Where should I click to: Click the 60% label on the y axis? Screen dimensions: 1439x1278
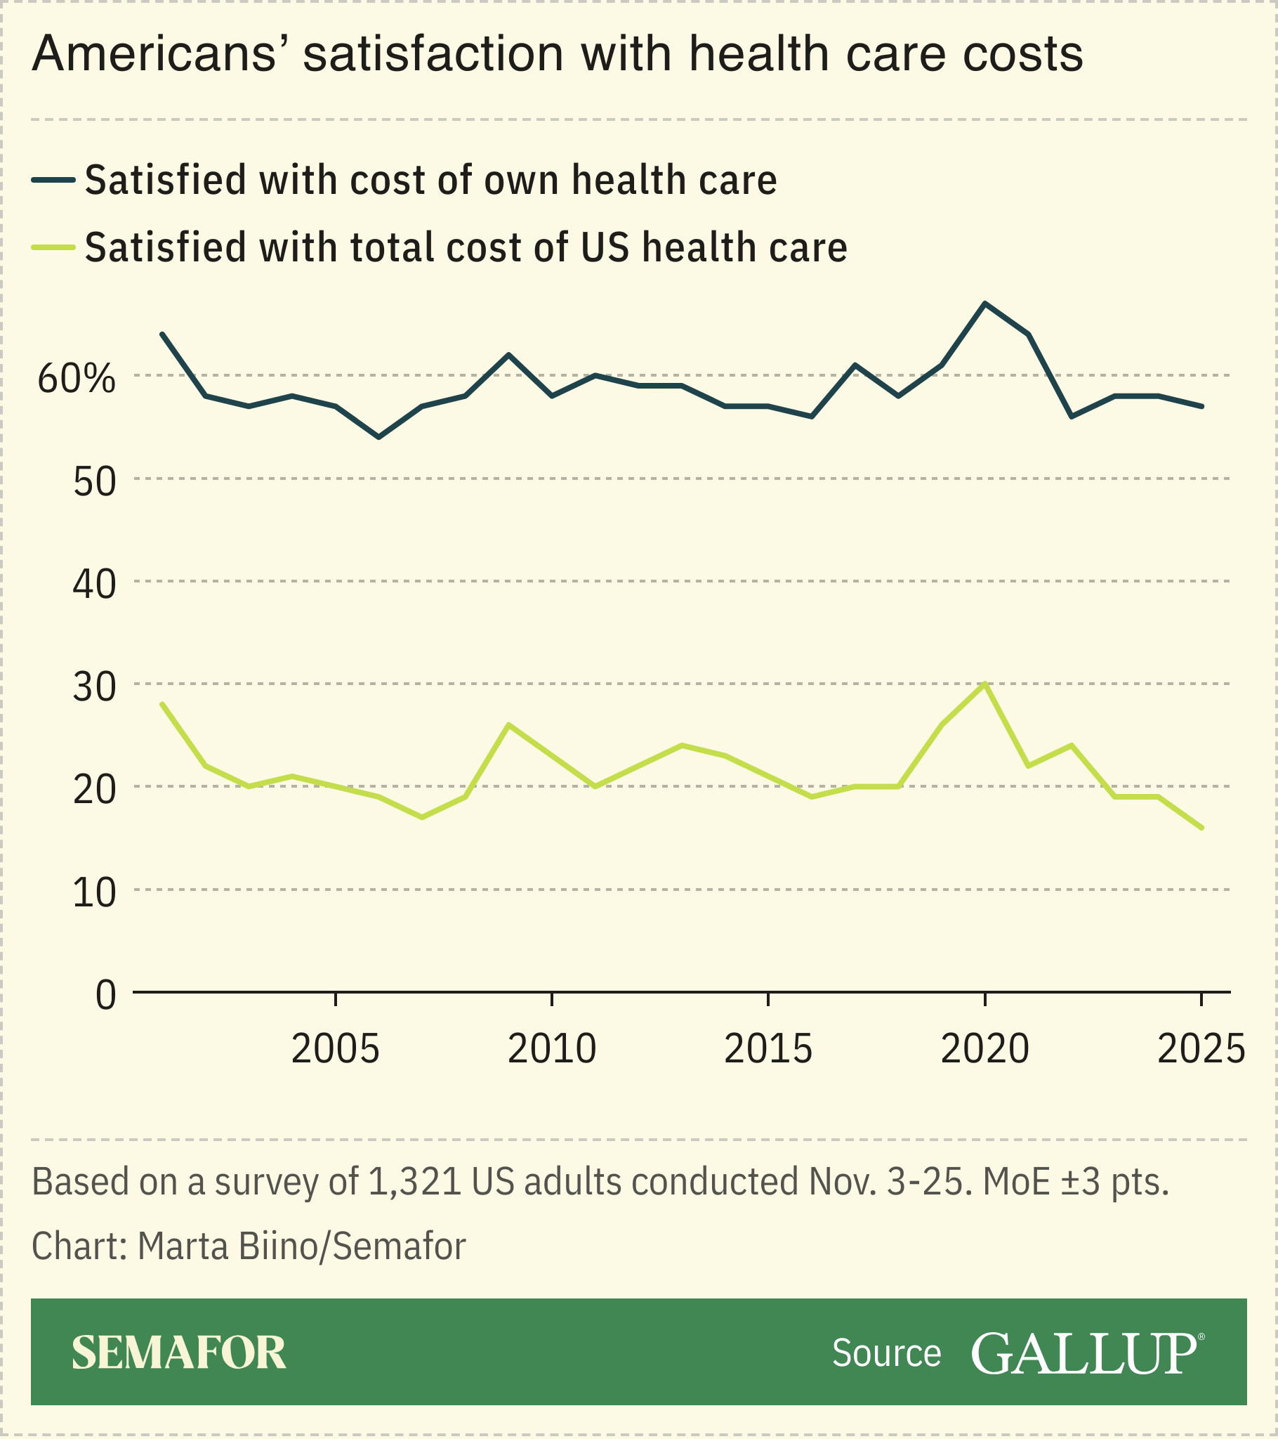(x=76, y=379)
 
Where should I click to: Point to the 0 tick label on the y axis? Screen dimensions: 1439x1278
(x=105, y=995)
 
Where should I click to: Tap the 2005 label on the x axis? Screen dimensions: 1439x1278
(x=335, y=1050)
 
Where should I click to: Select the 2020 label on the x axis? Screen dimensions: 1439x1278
(x=984, y=1050)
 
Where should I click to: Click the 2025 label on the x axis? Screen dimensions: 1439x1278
(x=1201, y=1050)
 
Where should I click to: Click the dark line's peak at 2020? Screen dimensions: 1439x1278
(x=984, y=304)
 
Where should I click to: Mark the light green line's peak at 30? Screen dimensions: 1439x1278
(x=984, y=684)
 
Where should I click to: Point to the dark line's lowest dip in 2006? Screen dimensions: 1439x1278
(x=378, y=437)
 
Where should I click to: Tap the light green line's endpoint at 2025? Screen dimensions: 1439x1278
(x=1201, y=828)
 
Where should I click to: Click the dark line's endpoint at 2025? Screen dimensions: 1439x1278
(x=1201, y=406)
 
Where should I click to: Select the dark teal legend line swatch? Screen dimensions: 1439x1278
(x=53, y=179)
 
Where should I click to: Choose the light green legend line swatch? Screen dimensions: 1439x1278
(x=53, y=247)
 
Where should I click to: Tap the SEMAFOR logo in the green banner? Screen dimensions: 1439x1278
(x=179, y=1353)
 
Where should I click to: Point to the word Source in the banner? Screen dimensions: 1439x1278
(x=886, y=1353)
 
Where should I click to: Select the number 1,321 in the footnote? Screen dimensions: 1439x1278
(x=414, y=1182)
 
